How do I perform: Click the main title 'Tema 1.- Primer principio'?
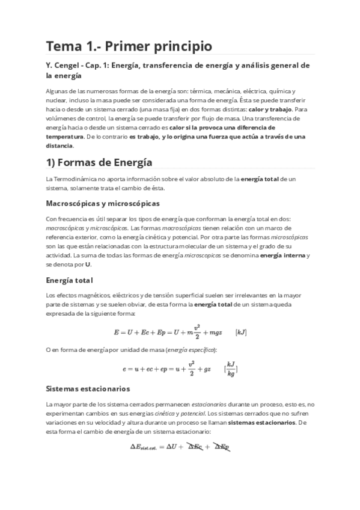tap(129, 46)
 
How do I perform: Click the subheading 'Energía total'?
tap(69, 280)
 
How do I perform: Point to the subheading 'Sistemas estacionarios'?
tap(88, 389)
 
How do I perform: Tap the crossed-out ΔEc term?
tap(194, 447)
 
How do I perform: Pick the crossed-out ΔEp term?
tap(222, 447)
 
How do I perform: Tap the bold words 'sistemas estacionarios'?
tap(262, 422)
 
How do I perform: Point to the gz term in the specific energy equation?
tap(206, 367)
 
